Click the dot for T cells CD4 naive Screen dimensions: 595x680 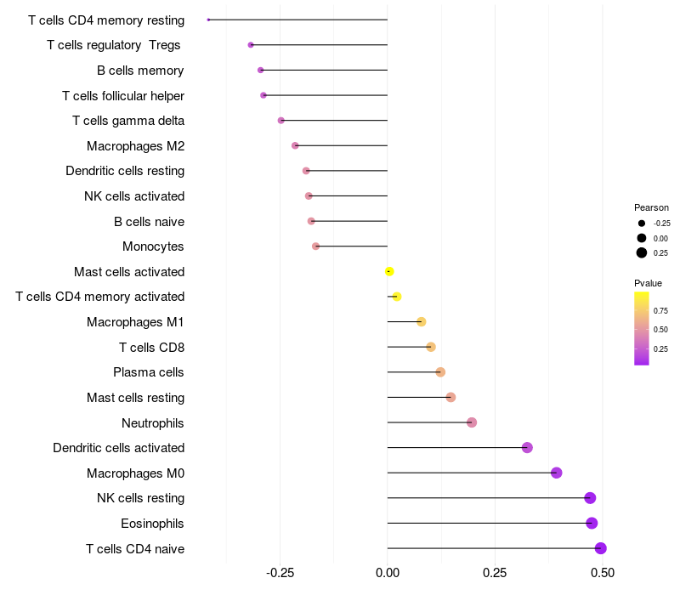[600, 548]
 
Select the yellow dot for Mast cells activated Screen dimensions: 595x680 [389, 272]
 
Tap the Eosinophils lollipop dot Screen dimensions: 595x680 [592, 523]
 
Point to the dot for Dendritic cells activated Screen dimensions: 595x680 [527, 448]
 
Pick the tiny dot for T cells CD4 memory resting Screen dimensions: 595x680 [208, 20]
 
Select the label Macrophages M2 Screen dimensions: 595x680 [136, 146]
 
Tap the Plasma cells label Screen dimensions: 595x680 [149, 372]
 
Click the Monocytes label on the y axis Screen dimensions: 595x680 [153, 246]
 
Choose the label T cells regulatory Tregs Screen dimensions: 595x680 [114, 44]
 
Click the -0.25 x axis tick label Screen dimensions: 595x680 [280, 574]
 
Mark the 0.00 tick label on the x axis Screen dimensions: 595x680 [388, 574]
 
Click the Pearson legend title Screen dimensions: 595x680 [651, 207]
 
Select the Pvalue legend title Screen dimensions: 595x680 [648, 283]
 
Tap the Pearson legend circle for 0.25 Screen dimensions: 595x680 [642, 252]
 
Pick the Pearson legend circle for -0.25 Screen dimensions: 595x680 [642, 223]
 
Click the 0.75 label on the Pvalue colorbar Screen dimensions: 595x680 [660, 311]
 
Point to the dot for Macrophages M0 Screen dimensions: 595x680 [556, 473]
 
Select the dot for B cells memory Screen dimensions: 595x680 [261, 70]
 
